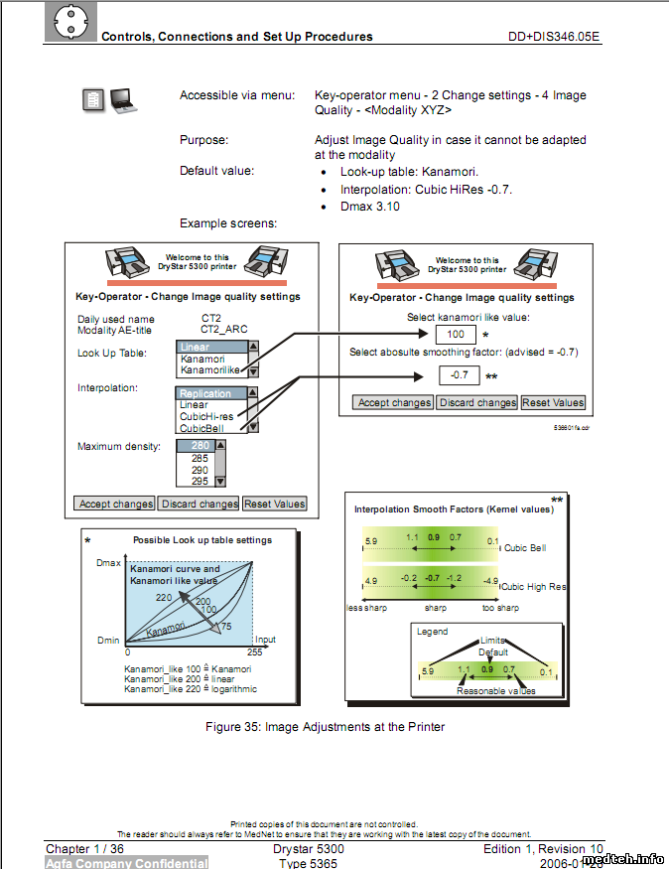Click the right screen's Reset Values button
pyautogui.click(x=554, y=402)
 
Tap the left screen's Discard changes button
pyautogui.click(x=200, y=504)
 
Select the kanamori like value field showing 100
pyautogui.click(x=455, y=335)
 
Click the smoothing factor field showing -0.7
pyautogui.click(x=459, y=375)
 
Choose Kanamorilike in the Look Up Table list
pyautogui.click(x=212, y=370)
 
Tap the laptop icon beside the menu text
pyautogui.click(x=124, y=98)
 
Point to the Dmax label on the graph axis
pyautogui.click(x=108, y=563)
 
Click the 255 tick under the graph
pyautogui.click(x=254, y=653)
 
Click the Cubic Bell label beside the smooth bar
pyautogui.click(x=525, y=547)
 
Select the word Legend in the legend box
pyautogui.click(x=433, y=632)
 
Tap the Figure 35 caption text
pyautogui.click(x=325, y=727)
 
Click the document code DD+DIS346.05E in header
pyautogui.click(x=554, y=37)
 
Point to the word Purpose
pyautogui.click(x=203, y=140)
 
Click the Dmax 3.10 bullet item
pyautogui.click(x=370, y=207)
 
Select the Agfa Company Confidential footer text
pyautogui.click(x=127, y=863)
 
